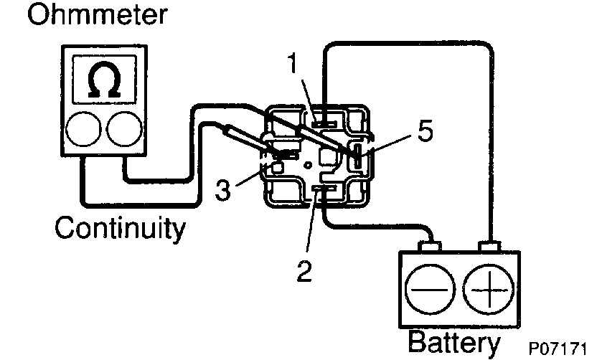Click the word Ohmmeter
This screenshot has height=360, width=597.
click(x=98, y=15)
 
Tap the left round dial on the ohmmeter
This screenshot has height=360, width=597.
click(x=80, y=130)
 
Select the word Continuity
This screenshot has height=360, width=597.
click(x=120, y=229)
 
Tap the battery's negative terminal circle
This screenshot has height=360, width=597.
click(x=429, y=288)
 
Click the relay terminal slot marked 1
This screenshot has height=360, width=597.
click(x=323, y=120)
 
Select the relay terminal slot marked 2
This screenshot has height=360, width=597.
click(x=321, y=189)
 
